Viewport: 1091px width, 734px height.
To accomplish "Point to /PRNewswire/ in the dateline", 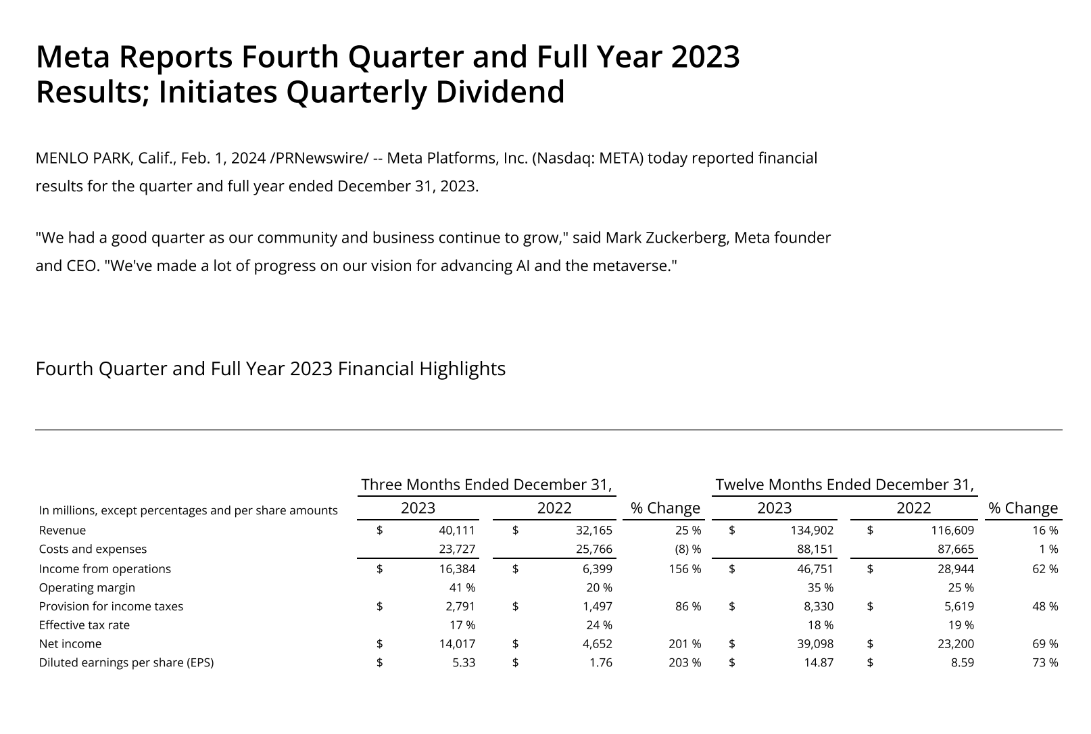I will (x=319, y=158).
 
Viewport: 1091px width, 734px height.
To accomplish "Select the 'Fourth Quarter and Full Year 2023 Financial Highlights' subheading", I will (x=270, y=369).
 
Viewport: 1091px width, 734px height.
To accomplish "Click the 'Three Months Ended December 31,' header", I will (x=487, y=485).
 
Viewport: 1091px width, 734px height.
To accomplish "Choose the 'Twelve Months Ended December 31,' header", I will (x=844, y=485).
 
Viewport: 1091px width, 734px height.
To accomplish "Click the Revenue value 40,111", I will (x=457, y=531).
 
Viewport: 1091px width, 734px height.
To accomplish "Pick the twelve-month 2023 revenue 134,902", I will (x=810, y=531).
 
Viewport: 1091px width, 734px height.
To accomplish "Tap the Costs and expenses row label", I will (x=93, y=549).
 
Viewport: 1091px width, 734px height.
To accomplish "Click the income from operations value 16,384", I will (x=457, y=569).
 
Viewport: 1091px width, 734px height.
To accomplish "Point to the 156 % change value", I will (x=684, y=569).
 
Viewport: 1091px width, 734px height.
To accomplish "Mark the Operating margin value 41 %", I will (x=462, y=587).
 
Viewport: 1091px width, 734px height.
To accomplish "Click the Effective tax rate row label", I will (x=84, y=625).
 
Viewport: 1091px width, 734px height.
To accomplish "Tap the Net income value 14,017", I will (x=457, y=644).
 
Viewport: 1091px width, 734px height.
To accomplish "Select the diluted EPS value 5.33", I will (x=464, y=662).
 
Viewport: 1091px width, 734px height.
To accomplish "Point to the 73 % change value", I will (x=1045, y=662).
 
